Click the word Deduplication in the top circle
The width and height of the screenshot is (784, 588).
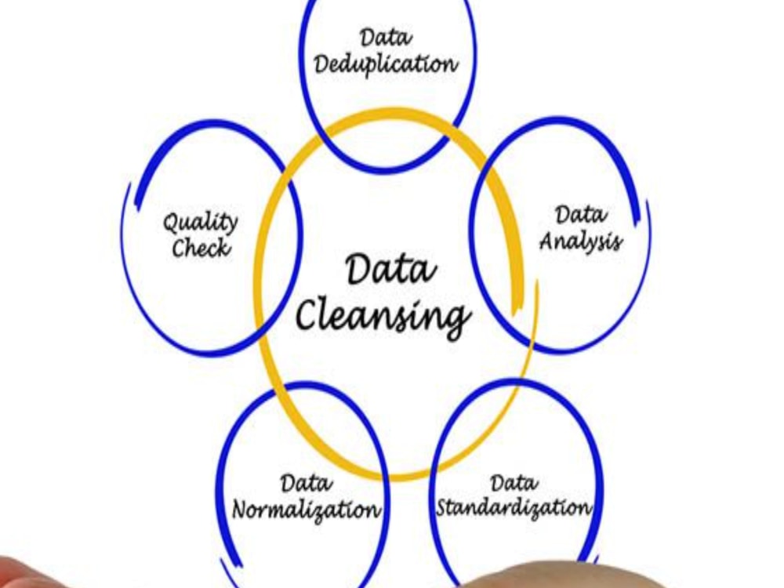tap(386, 64)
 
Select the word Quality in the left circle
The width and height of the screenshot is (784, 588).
tap(201, 223)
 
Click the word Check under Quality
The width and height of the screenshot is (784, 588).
tap(201, 248)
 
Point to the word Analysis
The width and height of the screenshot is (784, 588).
tap(580, 241)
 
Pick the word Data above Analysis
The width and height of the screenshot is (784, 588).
tap(580, 215)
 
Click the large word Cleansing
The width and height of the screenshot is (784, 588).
tap(383, 316)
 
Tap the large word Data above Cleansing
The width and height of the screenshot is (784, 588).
tap(390, 270)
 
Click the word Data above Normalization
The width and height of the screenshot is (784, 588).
tap(306, 483)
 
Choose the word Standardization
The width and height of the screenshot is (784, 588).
tap(514, 508)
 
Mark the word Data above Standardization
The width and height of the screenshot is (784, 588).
tap(514, 482)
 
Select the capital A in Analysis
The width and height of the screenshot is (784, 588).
tap(547, 241)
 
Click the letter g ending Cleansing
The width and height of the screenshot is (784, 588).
tap(458, 321)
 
